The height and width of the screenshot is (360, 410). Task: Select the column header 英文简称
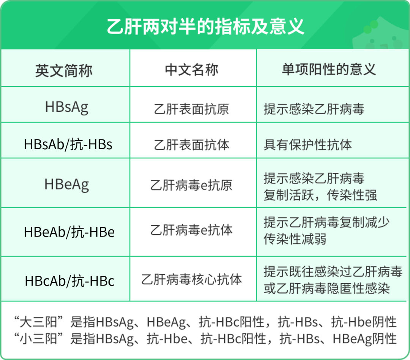(64, 70)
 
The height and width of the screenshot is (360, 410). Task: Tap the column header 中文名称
(192, 70)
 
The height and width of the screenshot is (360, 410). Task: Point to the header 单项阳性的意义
(329, 69)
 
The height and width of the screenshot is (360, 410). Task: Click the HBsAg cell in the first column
(66, 107)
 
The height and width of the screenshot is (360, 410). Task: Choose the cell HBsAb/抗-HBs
(68, 145)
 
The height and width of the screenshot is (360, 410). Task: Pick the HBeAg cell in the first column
(66, 185)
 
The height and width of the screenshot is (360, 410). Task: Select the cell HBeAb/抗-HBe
(69, 232)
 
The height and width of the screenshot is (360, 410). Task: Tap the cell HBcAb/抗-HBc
(69, 281)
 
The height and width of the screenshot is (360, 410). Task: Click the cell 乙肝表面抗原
(192, 109)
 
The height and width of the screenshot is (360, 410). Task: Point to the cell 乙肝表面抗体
(192, 145)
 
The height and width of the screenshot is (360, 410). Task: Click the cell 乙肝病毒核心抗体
(192, 279)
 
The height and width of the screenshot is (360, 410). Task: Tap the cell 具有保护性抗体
(308, 145)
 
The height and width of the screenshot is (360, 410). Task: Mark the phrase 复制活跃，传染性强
(320, 195)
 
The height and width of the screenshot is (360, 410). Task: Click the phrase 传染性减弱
(295, 239)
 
